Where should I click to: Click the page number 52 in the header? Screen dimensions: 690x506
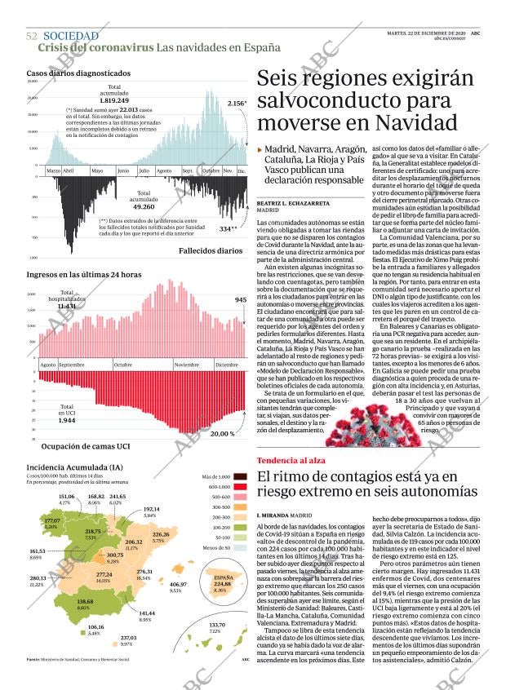(x=32, y=36)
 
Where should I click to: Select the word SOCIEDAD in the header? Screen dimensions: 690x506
(x=71, y=36)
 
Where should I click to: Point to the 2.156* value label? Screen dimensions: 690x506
(x=237, y=104)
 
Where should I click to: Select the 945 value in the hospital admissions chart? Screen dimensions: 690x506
(x=241, y=300)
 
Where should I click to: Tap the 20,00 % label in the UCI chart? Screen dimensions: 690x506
(x=222, y=434)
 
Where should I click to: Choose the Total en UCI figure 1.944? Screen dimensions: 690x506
(x=68, y=419)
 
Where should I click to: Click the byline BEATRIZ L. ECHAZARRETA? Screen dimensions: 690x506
(x=293, y=201)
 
